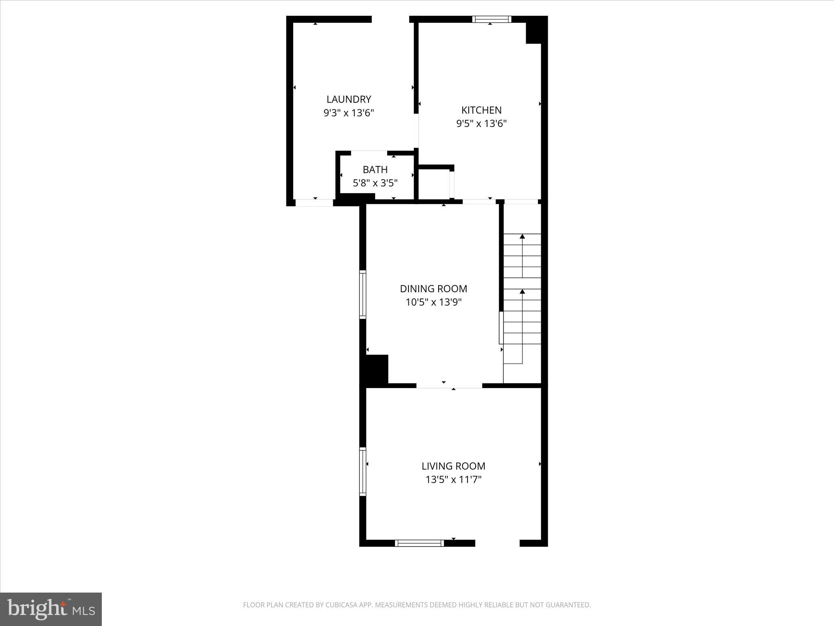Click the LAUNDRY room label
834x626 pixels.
tap(349, 99)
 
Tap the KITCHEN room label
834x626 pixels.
tap(481, 110)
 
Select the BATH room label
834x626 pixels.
tap(375, 170)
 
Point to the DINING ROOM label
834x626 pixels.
tap(433, 289)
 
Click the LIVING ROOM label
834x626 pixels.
tap(453, 466)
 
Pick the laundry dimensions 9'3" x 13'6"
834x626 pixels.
tap(349, 113)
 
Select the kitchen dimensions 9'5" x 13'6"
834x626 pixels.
tap(481, 123)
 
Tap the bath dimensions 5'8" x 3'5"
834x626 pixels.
tap(375, 183)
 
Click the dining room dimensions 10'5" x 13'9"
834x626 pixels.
tap(433, 302)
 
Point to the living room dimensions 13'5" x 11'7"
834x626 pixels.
tap(453, 480)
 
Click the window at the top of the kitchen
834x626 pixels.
tap(492, 19)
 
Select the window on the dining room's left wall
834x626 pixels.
tap(362, 294)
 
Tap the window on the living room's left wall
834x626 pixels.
tap(362, 472)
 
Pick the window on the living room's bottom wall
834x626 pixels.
tap(419, 543)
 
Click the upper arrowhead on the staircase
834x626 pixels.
tap(522, 236)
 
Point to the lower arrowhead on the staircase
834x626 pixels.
tap(522, 291)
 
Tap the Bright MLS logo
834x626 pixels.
tap(51, 609)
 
